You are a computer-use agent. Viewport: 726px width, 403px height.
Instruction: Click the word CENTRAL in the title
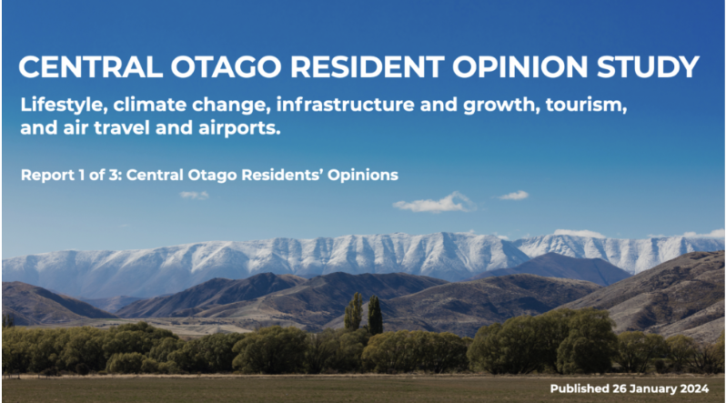(x=91, y=66)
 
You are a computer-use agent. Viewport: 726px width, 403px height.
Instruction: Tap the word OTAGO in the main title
(x=226, y=66)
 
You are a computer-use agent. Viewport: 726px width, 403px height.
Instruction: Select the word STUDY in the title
(x=648, y=66)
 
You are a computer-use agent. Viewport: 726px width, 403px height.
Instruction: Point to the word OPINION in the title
(x=520, y=66)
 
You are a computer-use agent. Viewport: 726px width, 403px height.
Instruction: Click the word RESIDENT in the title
(x=368, y=66)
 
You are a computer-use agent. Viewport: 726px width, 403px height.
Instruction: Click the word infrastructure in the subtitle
(x=346, y=104)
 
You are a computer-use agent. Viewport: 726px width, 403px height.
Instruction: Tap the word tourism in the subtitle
(x=586, y=105)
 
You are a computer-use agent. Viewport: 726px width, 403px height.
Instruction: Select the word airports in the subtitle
(x=239, y=128)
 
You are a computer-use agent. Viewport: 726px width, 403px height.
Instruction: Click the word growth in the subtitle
(x=501, y=106)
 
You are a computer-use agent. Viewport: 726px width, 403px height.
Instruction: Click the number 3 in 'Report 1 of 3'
(x=114, y=175)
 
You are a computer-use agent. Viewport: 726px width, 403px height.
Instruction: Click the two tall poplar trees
(x=364, y=314)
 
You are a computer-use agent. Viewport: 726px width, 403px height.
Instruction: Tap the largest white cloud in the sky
(x=434, y=203)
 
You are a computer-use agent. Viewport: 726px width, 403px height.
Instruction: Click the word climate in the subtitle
(x=149, y=105)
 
